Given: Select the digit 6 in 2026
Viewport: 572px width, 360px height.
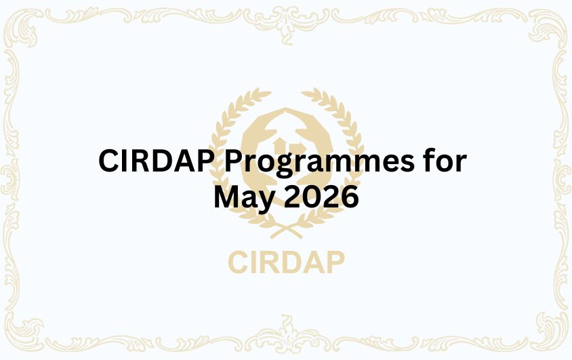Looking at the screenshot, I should tap(348, 197).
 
